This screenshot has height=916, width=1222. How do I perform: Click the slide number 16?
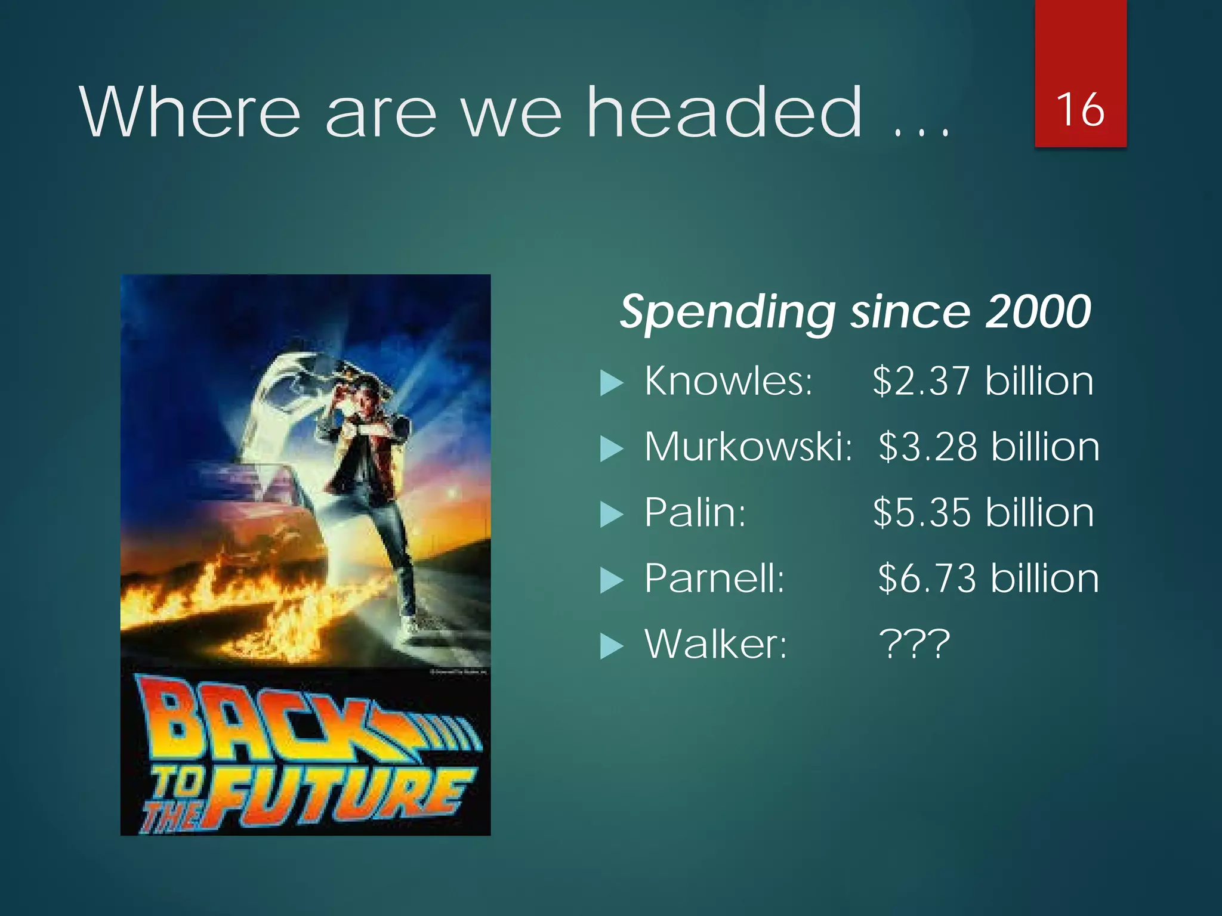tap(1080, 110)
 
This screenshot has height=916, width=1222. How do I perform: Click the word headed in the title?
tap(724, 112)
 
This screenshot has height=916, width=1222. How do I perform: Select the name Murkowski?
tap(748, 447)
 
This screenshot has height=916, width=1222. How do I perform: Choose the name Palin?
tap(695, 512)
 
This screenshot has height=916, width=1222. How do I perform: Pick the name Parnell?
tap(714, 578)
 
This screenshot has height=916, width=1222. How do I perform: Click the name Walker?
tap(716, 644)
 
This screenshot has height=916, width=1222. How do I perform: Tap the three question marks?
tap(914, 644)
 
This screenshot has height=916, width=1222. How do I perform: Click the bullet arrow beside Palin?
tap(611, 514)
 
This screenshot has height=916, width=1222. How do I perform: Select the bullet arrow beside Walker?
tap(611, 646)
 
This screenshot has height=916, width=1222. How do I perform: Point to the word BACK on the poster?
tap(257, 725)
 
